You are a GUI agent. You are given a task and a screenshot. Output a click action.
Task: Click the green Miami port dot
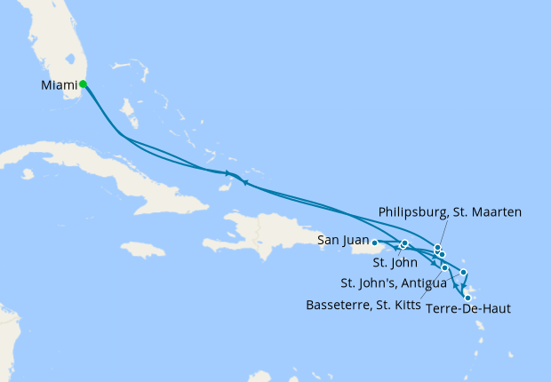[83, 84]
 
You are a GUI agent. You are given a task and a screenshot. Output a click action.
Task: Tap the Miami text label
[59, 85]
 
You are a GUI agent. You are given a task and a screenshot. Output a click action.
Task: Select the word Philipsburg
[414, 212]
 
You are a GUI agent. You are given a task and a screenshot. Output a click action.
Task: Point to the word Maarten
[498, 212]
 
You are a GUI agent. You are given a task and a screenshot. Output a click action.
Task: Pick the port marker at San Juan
[374, 242]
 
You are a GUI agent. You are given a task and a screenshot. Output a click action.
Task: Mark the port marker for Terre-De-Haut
[467, 298]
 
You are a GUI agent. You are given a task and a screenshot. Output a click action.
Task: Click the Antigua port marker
[463, 272]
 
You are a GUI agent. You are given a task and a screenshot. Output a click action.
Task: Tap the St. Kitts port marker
[444, 267]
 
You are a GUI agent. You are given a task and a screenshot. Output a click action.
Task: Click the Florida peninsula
[53, 53]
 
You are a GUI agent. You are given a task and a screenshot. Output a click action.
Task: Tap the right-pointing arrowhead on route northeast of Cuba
[228, 172]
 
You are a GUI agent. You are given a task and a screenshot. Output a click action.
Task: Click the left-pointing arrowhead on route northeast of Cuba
[245, 183]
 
